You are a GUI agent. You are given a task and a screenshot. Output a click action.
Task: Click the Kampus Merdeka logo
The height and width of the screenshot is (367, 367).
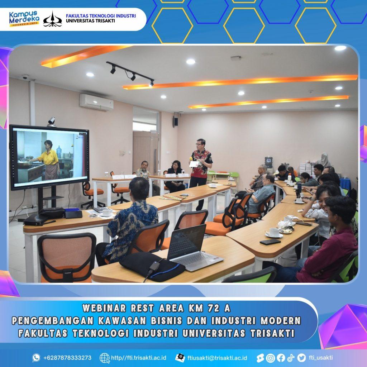24,19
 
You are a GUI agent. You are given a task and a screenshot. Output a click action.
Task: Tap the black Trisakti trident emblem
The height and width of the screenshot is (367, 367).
53,19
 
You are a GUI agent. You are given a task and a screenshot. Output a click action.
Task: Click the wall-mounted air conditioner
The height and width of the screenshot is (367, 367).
96,102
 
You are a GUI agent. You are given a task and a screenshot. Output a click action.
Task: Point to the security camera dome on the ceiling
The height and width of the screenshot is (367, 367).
25,77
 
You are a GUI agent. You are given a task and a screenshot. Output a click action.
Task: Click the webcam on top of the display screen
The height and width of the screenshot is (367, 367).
52,121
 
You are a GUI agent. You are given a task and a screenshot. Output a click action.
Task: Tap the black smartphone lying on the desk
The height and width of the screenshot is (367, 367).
270,242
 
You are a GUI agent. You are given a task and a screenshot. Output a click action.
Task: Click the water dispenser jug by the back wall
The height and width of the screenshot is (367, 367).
269,162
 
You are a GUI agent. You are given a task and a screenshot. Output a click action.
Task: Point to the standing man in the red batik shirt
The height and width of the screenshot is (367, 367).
200,171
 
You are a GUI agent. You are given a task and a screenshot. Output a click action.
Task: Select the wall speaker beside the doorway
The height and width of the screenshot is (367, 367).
176,121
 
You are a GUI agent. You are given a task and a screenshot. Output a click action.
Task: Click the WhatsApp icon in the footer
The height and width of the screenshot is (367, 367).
36,358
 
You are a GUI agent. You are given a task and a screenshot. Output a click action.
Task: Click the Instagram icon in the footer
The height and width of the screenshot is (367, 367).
271,358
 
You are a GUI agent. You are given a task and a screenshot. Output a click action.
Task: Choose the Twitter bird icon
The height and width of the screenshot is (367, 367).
301,358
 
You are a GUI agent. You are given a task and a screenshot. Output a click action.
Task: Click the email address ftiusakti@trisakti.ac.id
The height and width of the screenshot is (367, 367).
217,358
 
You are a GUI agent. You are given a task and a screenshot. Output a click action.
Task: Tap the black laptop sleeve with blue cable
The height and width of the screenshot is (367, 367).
152,266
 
